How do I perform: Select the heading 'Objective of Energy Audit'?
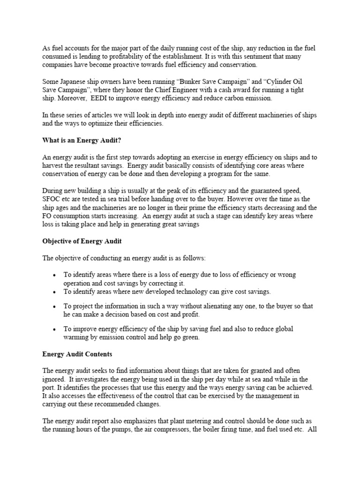tap(82, 240)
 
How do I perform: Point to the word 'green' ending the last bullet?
tap(190, 337)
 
